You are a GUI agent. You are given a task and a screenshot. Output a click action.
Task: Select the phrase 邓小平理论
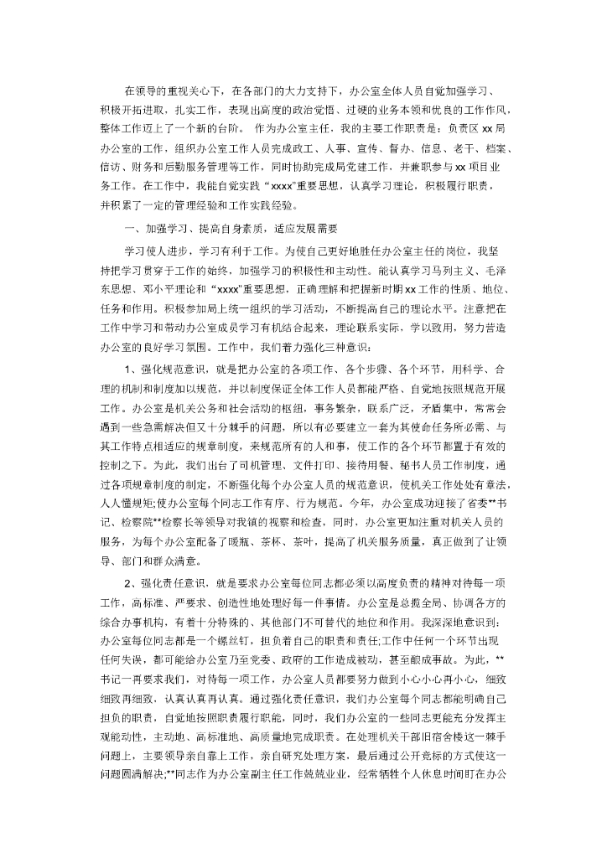pyautogui.click(x=163, y=291)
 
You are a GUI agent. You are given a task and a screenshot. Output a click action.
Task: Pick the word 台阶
pyautogui.click(x=208, y=130)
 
